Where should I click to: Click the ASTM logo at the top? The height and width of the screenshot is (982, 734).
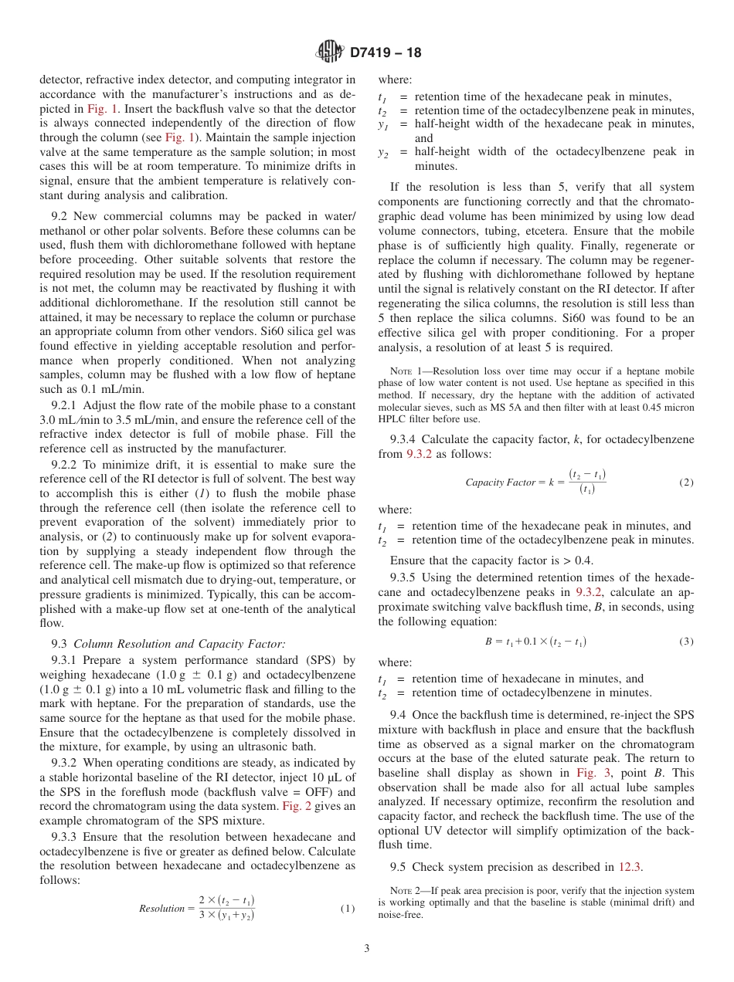click(330, 52)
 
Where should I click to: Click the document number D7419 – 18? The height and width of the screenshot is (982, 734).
click(386, 53)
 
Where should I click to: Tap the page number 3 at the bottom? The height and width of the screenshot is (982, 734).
click(367, 948)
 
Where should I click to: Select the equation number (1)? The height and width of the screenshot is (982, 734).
click(347, 909)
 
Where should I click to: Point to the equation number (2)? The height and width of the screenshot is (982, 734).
click(686, 483)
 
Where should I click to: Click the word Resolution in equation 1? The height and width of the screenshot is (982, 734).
click(162, 909)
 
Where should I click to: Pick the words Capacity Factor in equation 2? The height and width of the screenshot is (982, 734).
click(500, 483)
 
